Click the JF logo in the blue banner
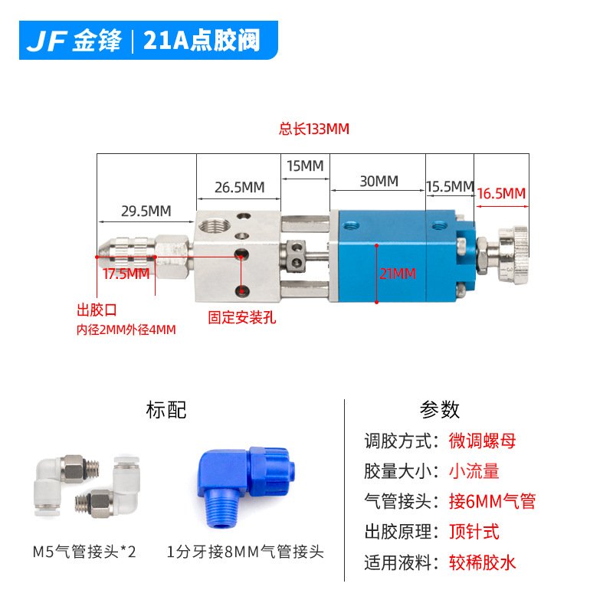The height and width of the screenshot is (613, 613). point(47,41)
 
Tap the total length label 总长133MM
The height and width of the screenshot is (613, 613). point(313,129)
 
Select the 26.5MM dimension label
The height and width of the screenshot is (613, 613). point(239,187)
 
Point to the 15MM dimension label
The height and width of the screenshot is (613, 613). point(305,166)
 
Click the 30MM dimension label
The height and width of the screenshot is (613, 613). point(379,182)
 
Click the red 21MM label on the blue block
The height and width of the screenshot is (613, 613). point(397,273)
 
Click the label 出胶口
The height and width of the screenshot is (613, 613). point(97,311)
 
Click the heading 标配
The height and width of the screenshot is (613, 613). point(166,410)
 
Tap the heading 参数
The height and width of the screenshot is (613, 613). point(440,410)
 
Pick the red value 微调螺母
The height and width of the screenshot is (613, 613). point(482,441)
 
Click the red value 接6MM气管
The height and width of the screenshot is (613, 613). point(492,502)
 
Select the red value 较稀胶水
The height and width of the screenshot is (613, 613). point(482,563)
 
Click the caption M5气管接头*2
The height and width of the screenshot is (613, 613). point(84,552)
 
